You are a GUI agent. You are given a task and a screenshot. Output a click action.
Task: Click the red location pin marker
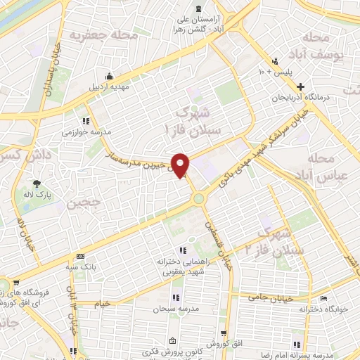(181, 165)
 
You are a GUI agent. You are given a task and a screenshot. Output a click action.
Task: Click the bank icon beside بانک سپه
(81, 256)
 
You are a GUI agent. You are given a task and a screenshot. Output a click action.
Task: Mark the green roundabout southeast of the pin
(199, 198)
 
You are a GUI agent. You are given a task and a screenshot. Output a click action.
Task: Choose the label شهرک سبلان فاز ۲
(268, 240)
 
